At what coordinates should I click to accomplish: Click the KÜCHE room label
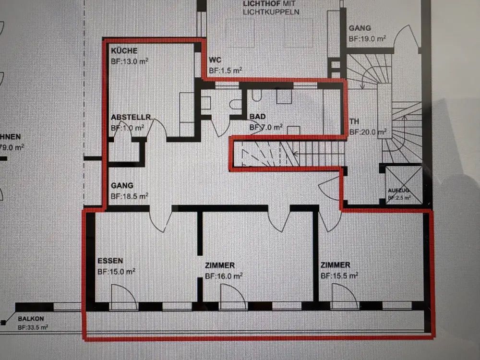(x=124, y=51)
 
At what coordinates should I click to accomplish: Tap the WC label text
(x=215, y=60)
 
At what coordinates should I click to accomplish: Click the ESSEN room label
(x=110, y=261)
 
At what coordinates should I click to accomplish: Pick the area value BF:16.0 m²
(x=223, y=276)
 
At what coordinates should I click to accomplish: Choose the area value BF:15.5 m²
(x=339, y=276)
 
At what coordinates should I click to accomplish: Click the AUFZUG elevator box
(x=404, y=185)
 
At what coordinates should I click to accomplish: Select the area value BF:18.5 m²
(x=129, y=196)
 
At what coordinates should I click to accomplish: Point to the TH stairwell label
(x=355, y=121)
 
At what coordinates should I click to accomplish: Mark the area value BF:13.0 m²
(x=129, y=61)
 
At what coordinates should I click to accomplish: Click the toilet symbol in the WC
(x=236, y=104)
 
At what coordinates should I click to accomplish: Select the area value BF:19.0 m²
(x=367, y=38)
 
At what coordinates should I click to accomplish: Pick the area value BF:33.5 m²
(x=33, y=328)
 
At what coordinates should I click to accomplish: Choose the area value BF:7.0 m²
(x=265, y=128)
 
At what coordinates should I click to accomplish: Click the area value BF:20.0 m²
(x=368, y=132)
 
